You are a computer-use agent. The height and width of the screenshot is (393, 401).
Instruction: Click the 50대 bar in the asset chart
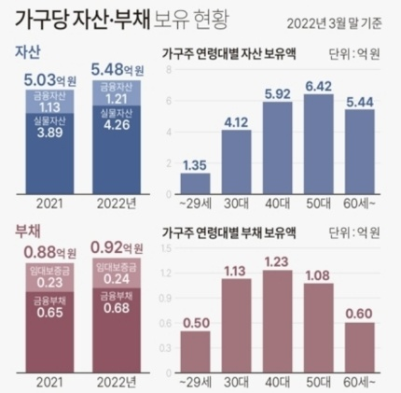pos(319,144)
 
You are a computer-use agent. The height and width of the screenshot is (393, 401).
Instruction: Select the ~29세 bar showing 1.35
pos(196,184)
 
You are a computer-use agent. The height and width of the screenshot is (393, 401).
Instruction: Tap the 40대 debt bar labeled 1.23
pos(278,321)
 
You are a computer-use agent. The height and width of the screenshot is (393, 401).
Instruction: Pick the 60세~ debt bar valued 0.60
pos(360,347)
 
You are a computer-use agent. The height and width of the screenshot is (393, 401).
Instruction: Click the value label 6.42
pos(318,86)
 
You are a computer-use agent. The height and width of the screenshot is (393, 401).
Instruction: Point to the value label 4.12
pos(237,122)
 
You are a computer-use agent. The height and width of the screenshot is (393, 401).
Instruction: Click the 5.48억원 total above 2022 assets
pos(118,70)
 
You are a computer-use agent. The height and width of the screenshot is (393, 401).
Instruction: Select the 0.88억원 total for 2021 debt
pos(50,252)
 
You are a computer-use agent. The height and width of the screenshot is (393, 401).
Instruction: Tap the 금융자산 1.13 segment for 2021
pos(49,102)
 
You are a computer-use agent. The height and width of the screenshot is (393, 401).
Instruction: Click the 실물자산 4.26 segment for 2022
pos(117,149)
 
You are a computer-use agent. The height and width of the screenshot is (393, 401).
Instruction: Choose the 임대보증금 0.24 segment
pos(117,273)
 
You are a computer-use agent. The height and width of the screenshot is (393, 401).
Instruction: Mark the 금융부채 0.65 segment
pos(49,332)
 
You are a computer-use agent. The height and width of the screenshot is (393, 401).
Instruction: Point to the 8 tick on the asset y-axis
pos(169,70)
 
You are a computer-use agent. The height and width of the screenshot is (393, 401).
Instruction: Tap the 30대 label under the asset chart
pos(236,204)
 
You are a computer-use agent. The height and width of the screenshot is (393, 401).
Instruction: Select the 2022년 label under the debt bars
pos(117,383)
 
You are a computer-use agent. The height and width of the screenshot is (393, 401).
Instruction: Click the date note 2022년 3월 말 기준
pos(334,23)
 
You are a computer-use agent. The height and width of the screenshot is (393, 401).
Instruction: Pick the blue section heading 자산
pos(28,52)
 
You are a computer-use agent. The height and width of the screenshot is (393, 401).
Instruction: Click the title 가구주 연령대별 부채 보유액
pos(229,232)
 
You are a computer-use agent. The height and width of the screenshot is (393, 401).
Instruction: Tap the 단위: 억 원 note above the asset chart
pos(354,54)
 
